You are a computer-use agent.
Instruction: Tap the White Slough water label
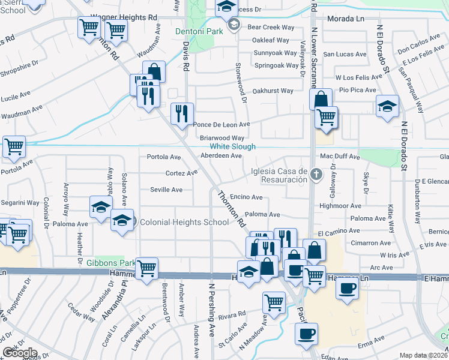coord(232,146)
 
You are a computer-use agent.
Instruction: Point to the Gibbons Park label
coord(109,263)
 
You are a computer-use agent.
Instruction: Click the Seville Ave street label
coord(166,190)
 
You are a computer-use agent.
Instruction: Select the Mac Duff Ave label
coord(340,157)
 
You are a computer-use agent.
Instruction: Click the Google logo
coord(20,353)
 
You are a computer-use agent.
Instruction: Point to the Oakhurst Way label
coord(273,91)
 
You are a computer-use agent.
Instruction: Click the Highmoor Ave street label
coord(357,206)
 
